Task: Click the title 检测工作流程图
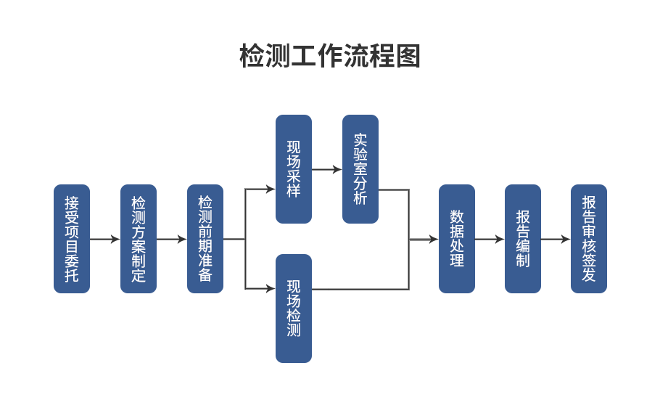click(330, 56)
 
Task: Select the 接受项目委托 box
click(72, 239)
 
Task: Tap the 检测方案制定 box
click(139, 239)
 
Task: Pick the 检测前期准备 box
click(205, 239)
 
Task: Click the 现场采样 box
click(294, 169)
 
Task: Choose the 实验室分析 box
click(360, 169)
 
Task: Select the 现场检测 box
click(294, 309)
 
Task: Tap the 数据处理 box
click(457, 239)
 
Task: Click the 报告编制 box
click(523, 239)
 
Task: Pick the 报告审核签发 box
click(589, 239)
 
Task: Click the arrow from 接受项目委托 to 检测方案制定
click(105, 239)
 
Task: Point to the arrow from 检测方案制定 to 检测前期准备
click(172, 239)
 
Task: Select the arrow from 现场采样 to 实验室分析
click(327, 169)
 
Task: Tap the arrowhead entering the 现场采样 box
click(271, 189)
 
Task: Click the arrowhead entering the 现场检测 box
click(271, 288)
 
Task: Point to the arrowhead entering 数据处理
click(434, 239)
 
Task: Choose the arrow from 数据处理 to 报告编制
click(490, 239)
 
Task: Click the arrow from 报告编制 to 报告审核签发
click(556, 239)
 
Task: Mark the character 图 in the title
click(409, 56)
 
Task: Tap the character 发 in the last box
click(589, 275)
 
